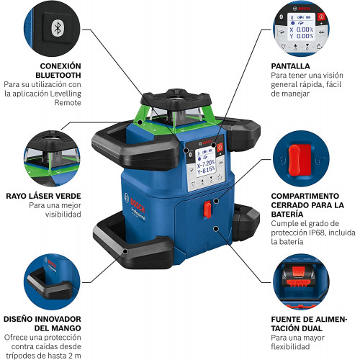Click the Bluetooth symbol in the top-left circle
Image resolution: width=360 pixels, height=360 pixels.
(x=58, y=28)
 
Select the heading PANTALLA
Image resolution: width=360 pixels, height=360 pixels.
(x=290, y=66)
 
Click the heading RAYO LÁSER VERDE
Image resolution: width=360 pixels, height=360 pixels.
(x=43, y=196)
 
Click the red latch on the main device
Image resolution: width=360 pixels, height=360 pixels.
(x=207, y=210)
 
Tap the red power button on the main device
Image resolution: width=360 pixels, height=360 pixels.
(x=220, y=147)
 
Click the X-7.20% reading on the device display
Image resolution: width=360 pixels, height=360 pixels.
(x=206, y=164)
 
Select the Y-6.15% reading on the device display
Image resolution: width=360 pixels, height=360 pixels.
(x=206, y=171)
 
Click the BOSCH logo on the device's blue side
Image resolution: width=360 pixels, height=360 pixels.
(x=138, y=205)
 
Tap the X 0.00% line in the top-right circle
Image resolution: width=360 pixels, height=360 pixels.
(x=302, y=30)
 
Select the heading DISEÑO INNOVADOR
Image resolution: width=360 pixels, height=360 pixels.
(x=42, y=319)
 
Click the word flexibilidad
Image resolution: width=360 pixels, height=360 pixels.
(x=290, y=346)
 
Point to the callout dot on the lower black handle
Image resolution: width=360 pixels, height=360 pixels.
(x=125, y=251)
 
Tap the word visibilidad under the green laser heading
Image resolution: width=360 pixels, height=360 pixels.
(x=63, y=215)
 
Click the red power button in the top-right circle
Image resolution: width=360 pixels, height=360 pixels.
(x=321, y=17)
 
